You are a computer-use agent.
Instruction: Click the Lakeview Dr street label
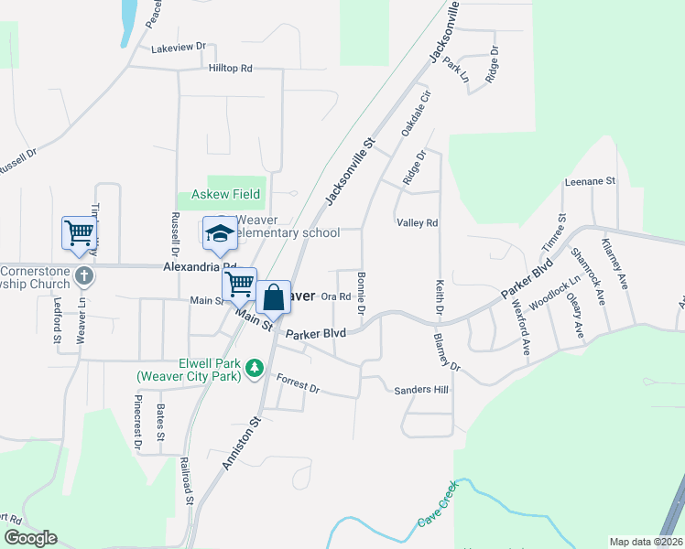click(x=179, y=47)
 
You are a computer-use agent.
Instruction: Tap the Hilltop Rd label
click(x=230, y=69)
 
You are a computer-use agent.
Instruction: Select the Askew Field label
click(x=225, y=194)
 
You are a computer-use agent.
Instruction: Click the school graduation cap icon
click(x=220, y=234)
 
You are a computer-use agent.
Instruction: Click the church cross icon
click(x=83, y=276)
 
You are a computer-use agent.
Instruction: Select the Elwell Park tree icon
click(x=255, y=368)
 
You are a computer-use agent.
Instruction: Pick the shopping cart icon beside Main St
click(x=239, y=284)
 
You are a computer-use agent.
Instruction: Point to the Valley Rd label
click(x=417, y=222)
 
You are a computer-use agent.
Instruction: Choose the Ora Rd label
click(x=336, y=296)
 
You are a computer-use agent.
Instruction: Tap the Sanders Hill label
click(x=421, y=390)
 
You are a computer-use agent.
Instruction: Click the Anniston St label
click(x=241, y=445)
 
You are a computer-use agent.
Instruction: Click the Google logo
click(x=30, y=538)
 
